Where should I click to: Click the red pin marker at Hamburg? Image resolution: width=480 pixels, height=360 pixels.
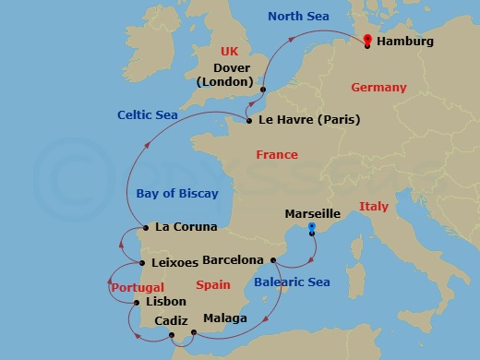[x=366, y=41]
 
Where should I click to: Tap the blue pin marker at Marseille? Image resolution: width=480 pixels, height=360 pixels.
[x=312, y=227]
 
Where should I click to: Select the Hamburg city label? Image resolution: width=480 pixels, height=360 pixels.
[x=406, y=42]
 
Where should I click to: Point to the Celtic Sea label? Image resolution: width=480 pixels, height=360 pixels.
[x=148, y=114]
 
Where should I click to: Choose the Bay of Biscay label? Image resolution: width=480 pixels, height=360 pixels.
[x=177, y=193]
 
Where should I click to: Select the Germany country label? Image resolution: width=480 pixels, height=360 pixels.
[x=378, y=88]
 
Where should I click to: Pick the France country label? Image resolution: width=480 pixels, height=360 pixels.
[x=276, y=155]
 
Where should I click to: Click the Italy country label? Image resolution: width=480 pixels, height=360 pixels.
[x=373, y=206]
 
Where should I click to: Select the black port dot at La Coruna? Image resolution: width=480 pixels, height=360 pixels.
[x=145, y=227]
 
